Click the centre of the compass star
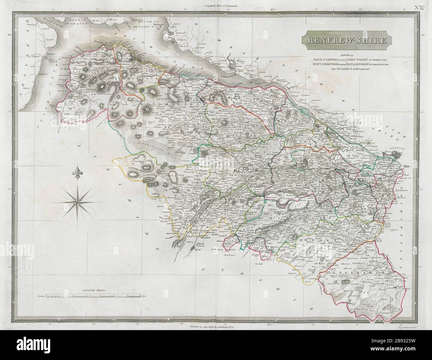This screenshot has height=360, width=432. click(78, 198)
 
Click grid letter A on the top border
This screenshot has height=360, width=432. click(62, 15)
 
